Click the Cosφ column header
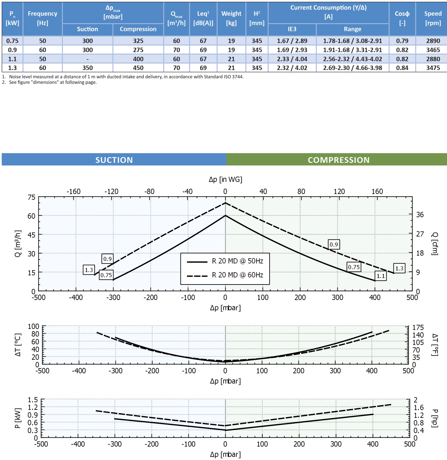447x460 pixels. click(x=402, y=18)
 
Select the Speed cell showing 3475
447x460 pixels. click(x=433, y=68)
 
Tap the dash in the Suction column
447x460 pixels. click(x=87, y=59)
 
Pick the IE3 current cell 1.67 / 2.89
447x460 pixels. click(x=292, y=41)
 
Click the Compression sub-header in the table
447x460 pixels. click(x=138, y=29)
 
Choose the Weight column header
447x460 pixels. click(x=231, y=18)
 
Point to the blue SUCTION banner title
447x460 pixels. click(x=114, y=160)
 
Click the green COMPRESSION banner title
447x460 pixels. click(x=338, y=160)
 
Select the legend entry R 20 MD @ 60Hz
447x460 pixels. click(x=237, y=275)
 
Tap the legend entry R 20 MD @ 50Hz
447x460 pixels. click(x=237, y=261)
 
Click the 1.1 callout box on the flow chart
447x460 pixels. click(x=381, y=276)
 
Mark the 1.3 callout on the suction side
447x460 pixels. click(x=89, y=270)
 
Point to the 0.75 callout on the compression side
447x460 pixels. click(x=354, y=267)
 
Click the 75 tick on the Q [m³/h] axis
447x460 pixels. click(x=31, y=197)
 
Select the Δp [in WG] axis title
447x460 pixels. click(x=225, y=179)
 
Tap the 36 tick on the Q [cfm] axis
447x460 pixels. click(x=420, y=215)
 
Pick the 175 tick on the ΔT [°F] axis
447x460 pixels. click(x=418, y=327)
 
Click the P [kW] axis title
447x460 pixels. click(x=18, y=418)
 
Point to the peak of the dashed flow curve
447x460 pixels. click(x=225, y=203)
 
